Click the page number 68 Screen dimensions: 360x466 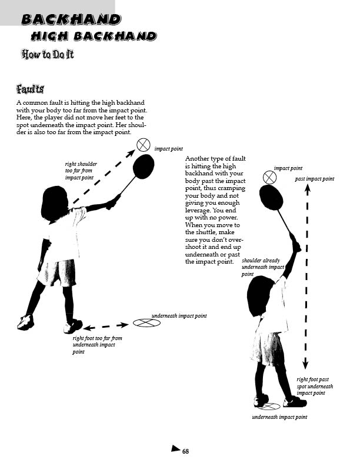pyautogui.click(x=185, y=451)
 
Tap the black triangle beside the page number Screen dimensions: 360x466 pyautogui.click(x=175, y=448)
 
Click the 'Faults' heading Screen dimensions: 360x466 pyautogui.click(x=31, y=89)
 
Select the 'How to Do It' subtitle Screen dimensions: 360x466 pyautogui.click(x=48, y=55)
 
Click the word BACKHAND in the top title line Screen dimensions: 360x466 pyautogui.click(x=71, y=19)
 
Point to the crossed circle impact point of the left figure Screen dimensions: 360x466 pyautogui.click(x=144, y=145)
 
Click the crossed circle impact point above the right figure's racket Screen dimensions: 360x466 pyautogui.click(x=269, y=178)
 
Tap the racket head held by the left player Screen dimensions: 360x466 pyautogui.click(x=144, y=167)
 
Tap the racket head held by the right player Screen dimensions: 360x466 pyautogui.click(x=271, y=198)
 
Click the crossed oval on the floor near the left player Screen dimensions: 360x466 pyautogui.click(x=146, y=323)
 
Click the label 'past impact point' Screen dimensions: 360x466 pyautogui.click(x=315, y=179)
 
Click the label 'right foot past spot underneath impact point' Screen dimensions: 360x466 pyautogui.click(x=315, y=386)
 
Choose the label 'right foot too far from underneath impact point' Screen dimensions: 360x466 pyautogui.click(x=97, y=345)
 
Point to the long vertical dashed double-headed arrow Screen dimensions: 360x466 pyautogui.click(x=306, y=277)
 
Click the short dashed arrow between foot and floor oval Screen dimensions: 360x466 pyautogui.click(x=106, y=327)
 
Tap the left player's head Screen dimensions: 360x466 pyautogui.click(x=55, y=204)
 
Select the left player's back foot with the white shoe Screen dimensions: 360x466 pyautogui.click(x=25, y=322)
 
